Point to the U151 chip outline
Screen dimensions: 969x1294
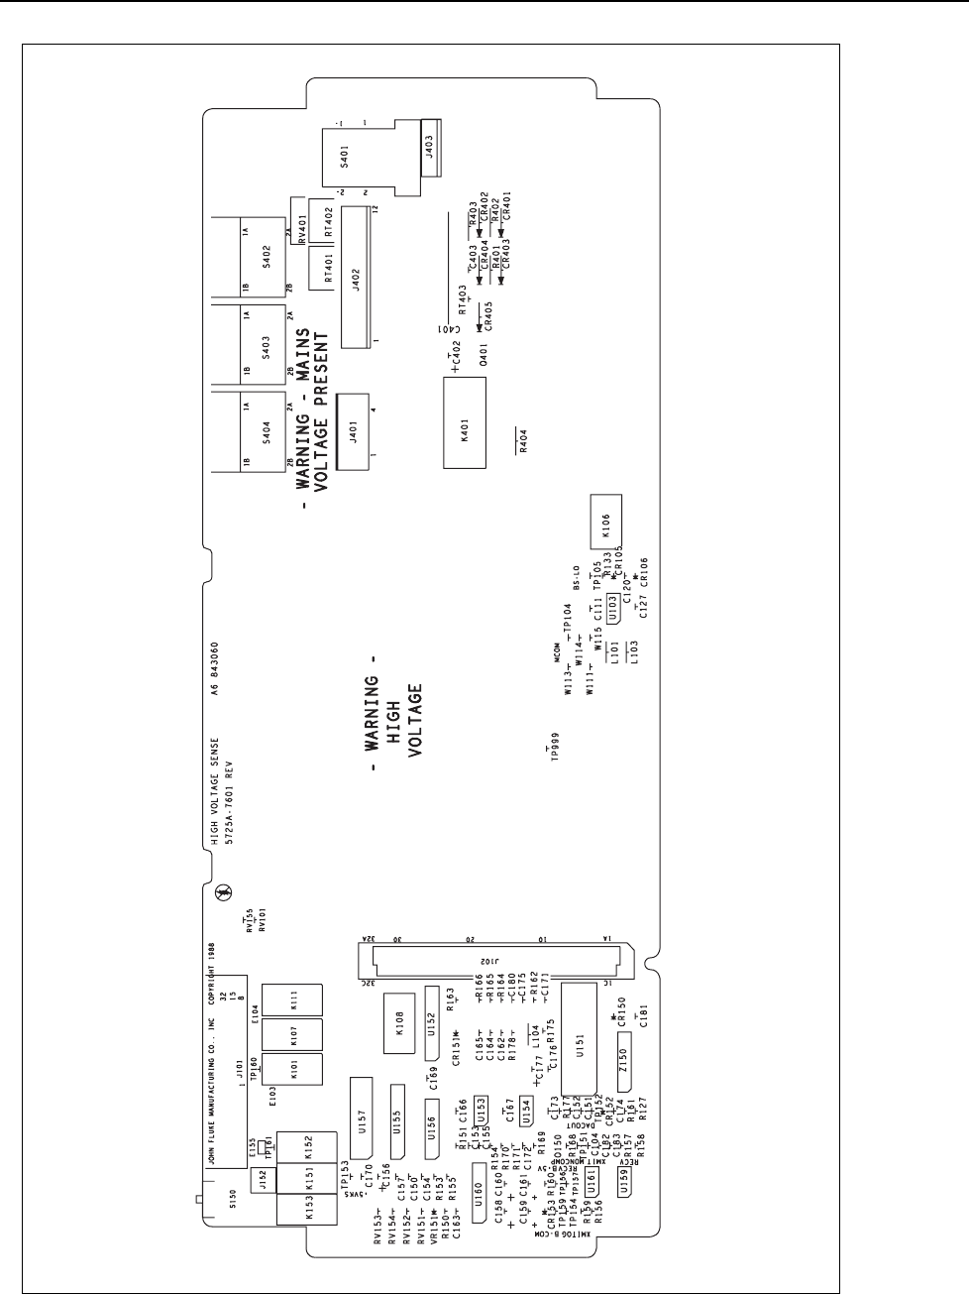tap(581, 1054)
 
